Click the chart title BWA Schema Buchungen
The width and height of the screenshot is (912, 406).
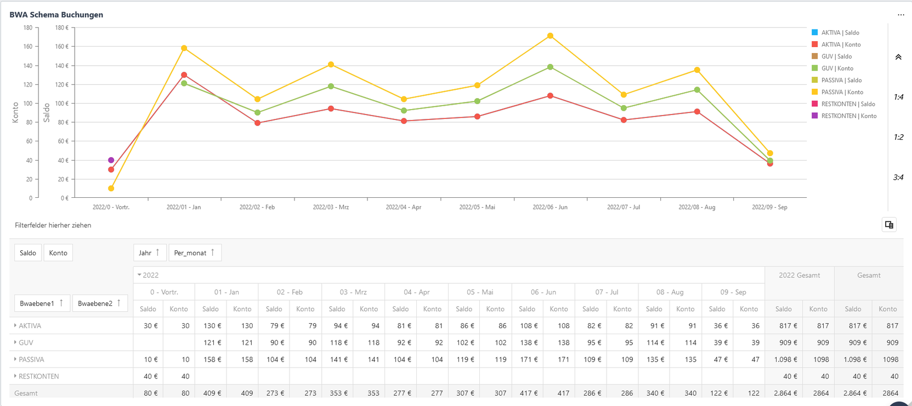pos(56,15)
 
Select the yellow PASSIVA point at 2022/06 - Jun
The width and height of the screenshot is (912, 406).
pos(550,36)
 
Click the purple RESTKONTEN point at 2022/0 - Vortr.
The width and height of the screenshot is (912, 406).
pos(111,161)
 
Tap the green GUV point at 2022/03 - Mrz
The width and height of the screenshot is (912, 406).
pos(331,87)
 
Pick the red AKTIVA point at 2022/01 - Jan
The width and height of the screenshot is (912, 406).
pos(184,75)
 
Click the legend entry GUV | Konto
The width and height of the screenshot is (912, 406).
pos(837,68)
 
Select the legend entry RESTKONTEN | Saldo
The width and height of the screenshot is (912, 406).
pos(848,104)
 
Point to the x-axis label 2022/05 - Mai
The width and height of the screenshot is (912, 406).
pos(477,207)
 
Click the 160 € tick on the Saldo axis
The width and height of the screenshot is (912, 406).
pos(61,47)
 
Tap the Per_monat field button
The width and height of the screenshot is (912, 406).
pos(195,253)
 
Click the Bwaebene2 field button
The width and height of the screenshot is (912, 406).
pos(99,303)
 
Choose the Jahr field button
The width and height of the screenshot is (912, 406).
pos(149,253)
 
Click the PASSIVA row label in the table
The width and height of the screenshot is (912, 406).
pos(31,359)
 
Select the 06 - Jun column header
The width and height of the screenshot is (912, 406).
pos(543,292)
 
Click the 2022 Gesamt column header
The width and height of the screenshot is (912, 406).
pos(799,275)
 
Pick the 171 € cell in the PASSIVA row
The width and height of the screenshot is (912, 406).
pos(529,359)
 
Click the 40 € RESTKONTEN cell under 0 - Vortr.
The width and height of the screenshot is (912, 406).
pos(150,376)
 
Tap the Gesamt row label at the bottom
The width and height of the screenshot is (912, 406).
pos(26,393)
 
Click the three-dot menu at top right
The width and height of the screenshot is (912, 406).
pos(900,15)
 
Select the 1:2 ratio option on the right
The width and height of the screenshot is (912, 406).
pos(898,138)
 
